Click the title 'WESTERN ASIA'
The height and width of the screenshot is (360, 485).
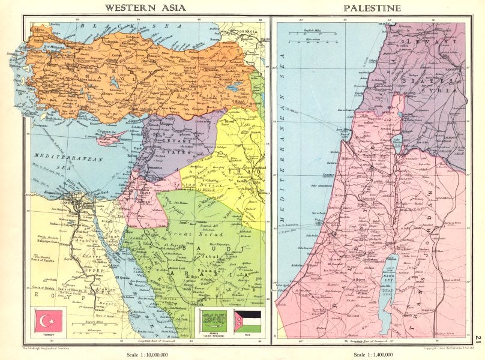(x=145, y=8)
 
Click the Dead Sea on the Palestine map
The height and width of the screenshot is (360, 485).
(x=386, y=292)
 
